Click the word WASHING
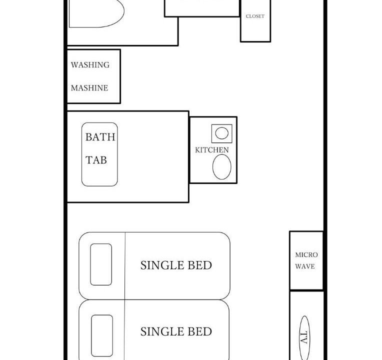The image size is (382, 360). tap(90, 65)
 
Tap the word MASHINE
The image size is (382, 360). tap(89, 88)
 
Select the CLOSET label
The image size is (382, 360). tap(255, 16)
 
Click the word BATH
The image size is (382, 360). tap(100, 137)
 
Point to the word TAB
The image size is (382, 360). tap(96, 160)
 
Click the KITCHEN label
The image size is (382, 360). tap(212, 150)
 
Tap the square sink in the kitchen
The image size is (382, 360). tap(221, 133)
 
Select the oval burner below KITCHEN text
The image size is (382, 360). tap(221, 167)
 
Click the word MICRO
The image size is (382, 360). tap(306, 255)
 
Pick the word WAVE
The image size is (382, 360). tap(305, 266)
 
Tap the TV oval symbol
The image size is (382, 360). tap(305, 338)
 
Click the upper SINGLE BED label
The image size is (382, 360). tap(176, 265)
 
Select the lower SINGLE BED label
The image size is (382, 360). tap(176, 331)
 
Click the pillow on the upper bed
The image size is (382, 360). tap(101, 264)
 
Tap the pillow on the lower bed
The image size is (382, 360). tap(102, 335)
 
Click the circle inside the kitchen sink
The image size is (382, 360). tap(222, 133)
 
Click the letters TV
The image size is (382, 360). tap(304, 338)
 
